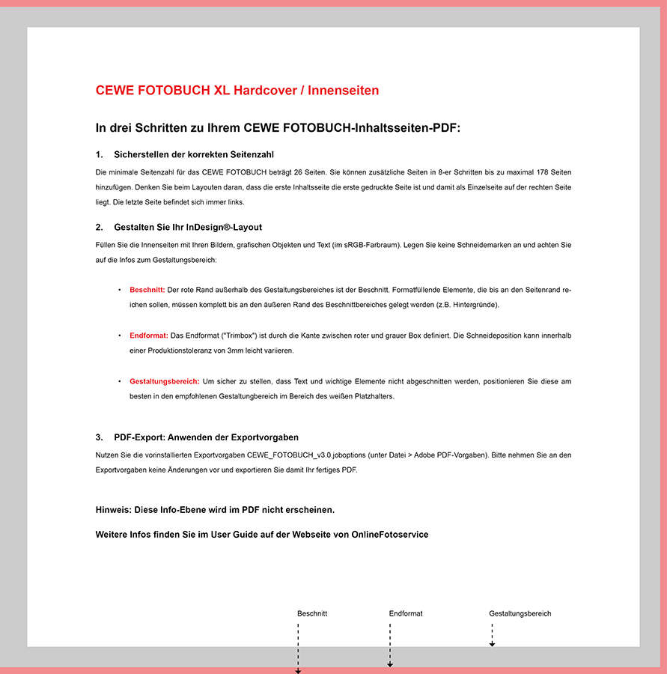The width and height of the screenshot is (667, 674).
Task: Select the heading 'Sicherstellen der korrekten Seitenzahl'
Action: (194, 155)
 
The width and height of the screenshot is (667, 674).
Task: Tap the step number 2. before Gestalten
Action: (100, 227)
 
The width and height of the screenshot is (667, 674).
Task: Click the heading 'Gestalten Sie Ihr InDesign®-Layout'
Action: (188, 227)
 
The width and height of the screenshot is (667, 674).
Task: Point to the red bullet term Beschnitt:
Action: (147, 289)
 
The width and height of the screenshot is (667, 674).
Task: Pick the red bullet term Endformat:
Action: (148, 336)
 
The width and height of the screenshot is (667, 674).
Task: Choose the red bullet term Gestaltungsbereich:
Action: (164, 381)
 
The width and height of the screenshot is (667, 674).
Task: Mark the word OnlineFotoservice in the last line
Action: (390, 535)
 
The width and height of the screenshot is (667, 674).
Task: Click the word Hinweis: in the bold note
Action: (114, 510)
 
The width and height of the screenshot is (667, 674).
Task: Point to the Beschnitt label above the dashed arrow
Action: (312, 613)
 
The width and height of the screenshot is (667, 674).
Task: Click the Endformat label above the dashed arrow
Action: (406, 613)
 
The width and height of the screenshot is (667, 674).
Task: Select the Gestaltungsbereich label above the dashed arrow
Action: (520, 613)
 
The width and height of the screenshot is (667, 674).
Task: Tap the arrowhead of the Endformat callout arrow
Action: (390, 664)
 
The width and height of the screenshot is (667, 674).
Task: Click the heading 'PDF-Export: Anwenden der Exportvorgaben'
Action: (207, 437)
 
